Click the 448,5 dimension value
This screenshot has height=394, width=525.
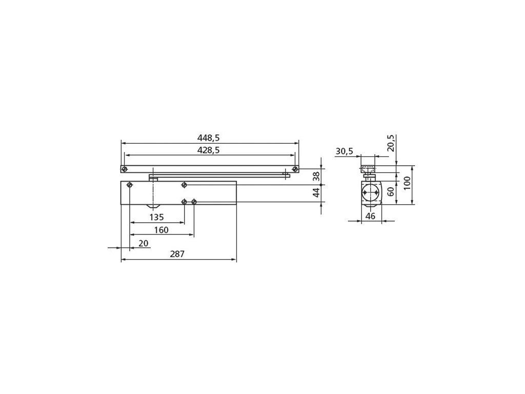(208, 137)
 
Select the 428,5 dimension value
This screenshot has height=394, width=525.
(208, 150)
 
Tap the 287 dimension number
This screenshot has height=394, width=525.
(177, 254)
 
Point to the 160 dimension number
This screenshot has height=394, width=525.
(161, 230)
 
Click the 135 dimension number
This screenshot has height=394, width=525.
(156, 218)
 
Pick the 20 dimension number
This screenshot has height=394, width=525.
(144, 243)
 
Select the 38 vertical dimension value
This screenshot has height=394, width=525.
(316, 176)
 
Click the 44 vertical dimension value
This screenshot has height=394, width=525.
(316, 192)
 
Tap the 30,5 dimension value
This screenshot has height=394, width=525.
(344, 151)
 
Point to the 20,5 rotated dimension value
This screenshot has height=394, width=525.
(391, 143)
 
